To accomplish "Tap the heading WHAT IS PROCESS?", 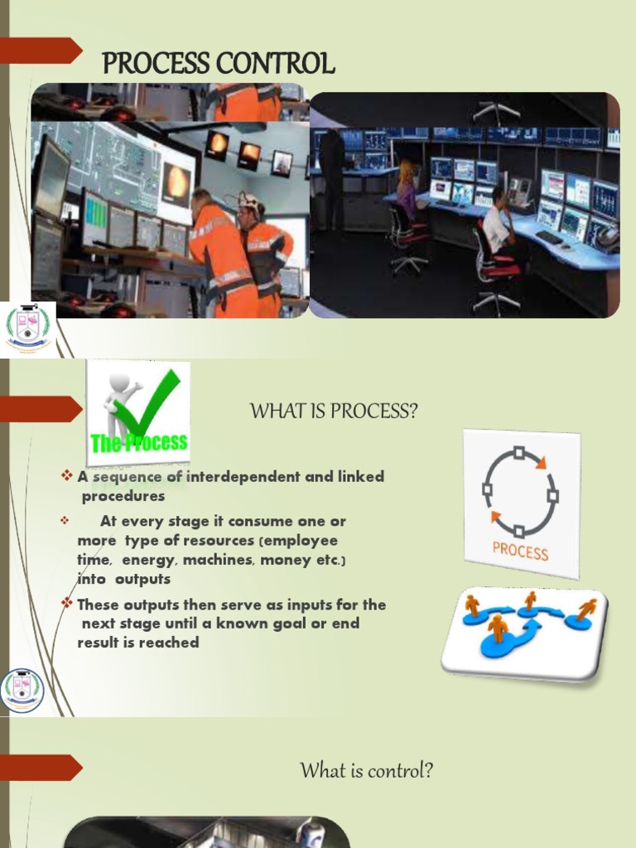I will [334, 411].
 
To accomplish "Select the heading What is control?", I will [367, 771].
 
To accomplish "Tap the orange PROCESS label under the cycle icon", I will [520, 550].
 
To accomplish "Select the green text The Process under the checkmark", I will [139, 442].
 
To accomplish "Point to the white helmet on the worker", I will [248, 200].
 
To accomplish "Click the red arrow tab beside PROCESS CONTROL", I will [41, 51].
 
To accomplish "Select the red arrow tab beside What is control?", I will [41, 767].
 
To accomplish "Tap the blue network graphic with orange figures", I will [524, 632].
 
